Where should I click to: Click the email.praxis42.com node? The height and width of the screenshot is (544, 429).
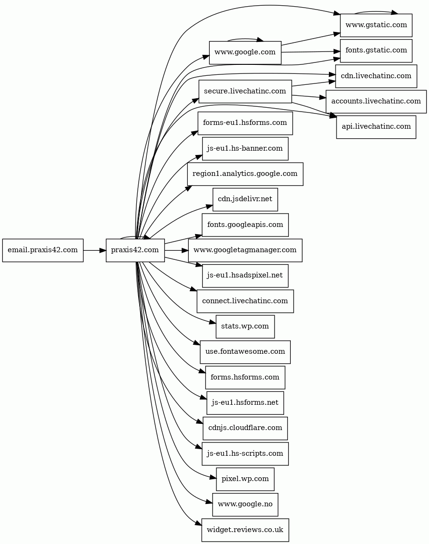42,250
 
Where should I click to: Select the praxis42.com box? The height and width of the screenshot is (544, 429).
135,250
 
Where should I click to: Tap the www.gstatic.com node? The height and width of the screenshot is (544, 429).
376,25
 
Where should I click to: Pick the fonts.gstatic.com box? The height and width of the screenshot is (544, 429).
376,51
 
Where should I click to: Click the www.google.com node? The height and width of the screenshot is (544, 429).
245,52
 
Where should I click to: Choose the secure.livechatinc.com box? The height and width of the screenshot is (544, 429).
245,91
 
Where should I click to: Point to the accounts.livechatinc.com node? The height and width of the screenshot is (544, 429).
376,101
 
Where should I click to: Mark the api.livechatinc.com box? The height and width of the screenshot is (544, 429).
376,127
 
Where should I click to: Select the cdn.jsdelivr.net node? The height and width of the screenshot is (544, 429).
245,199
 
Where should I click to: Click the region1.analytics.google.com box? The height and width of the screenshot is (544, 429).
245,174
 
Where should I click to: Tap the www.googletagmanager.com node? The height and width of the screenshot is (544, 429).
245,250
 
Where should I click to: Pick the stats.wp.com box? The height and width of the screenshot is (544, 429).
245,327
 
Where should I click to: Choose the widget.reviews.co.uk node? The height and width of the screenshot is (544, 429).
245,530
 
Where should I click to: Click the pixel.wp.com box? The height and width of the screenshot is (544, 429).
245,479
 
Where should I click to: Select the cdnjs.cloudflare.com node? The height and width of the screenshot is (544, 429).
245,428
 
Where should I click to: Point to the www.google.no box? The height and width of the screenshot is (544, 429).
245,504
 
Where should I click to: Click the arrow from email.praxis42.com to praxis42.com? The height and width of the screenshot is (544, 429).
95,250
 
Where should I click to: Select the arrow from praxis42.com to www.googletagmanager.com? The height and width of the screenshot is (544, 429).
176,250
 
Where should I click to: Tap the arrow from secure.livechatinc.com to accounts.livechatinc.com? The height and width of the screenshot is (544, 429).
309,97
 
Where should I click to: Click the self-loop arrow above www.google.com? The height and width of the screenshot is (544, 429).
245,39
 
